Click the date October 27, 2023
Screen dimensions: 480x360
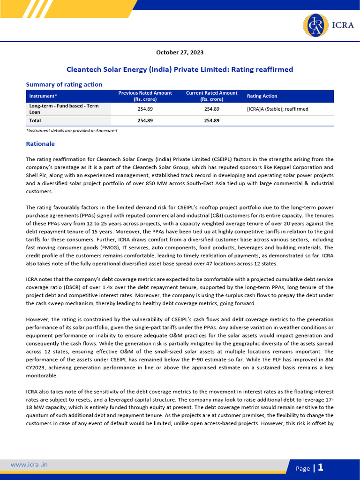coord(180,52)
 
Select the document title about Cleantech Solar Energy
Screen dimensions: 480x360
coord(180,69)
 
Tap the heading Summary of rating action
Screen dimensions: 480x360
coord(64,84)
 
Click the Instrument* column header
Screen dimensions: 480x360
coord(40,96)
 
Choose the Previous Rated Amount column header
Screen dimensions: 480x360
coord(145,96)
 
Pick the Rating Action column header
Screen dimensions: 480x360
coord(262,96)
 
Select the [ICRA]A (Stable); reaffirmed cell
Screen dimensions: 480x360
coord(277,109)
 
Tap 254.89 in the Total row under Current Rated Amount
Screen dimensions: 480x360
coord(212,120)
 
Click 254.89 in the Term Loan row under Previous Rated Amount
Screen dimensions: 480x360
coord(145,109)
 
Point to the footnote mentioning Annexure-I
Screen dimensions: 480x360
coord(71,130)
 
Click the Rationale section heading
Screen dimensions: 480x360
coord(40,144)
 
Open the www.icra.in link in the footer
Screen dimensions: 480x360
coord(29,465)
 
